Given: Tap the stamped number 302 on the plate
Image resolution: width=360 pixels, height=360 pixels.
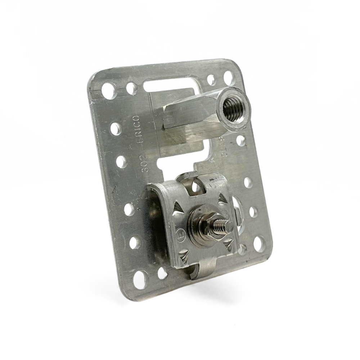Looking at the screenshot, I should [x=144, y=163].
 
